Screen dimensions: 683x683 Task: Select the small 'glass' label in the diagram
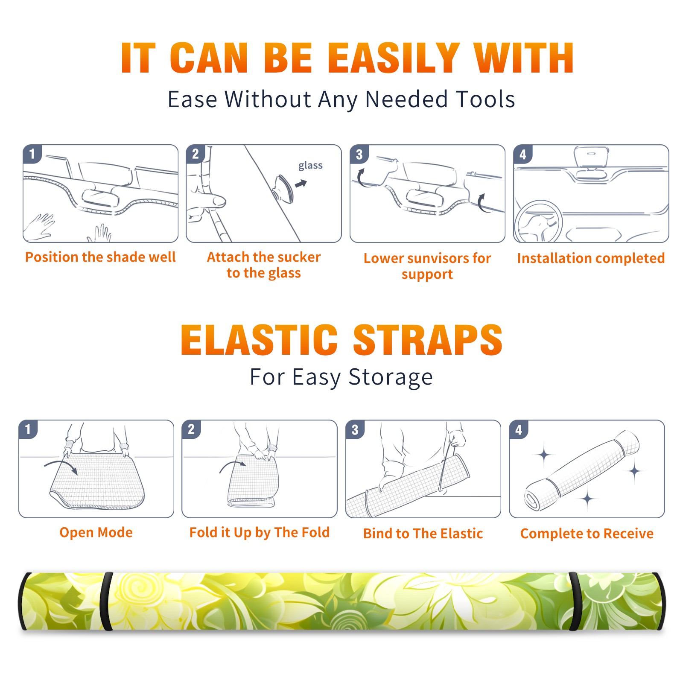(310, 166)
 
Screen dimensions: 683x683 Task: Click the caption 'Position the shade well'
(100, 257)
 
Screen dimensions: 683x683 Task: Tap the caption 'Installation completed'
(591, 258)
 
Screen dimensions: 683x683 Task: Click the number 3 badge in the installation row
(359, 155)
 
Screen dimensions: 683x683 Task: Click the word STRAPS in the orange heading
(428, 340)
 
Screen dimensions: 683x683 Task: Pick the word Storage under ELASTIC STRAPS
(391, 377)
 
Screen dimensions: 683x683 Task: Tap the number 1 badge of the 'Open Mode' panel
(28, 429)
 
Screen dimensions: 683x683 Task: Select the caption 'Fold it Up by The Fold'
(260, 532)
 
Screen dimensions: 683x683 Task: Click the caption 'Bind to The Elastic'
(423, 534)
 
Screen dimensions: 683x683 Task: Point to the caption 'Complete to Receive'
(587, 534)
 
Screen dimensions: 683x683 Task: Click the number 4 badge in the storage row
(519, 429)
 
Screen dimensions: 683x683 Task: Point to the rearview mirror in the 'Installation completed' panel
(591, 157)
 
